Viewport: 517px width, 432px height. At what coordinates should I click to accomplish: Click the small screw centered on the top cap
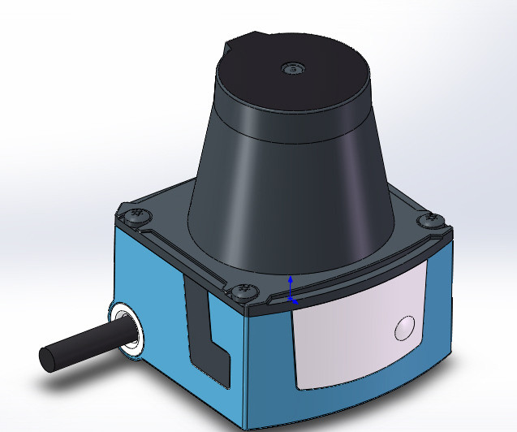coord(291,69)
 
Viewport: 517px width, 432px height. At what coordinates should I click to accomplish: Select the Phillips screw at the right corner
coord(429,219)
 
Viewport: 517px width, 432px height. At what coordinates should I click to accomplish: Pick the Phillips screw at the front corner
coord(240,289)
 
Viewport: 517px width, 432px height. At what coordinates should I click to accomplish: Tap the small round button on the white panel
coord(403,328)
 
